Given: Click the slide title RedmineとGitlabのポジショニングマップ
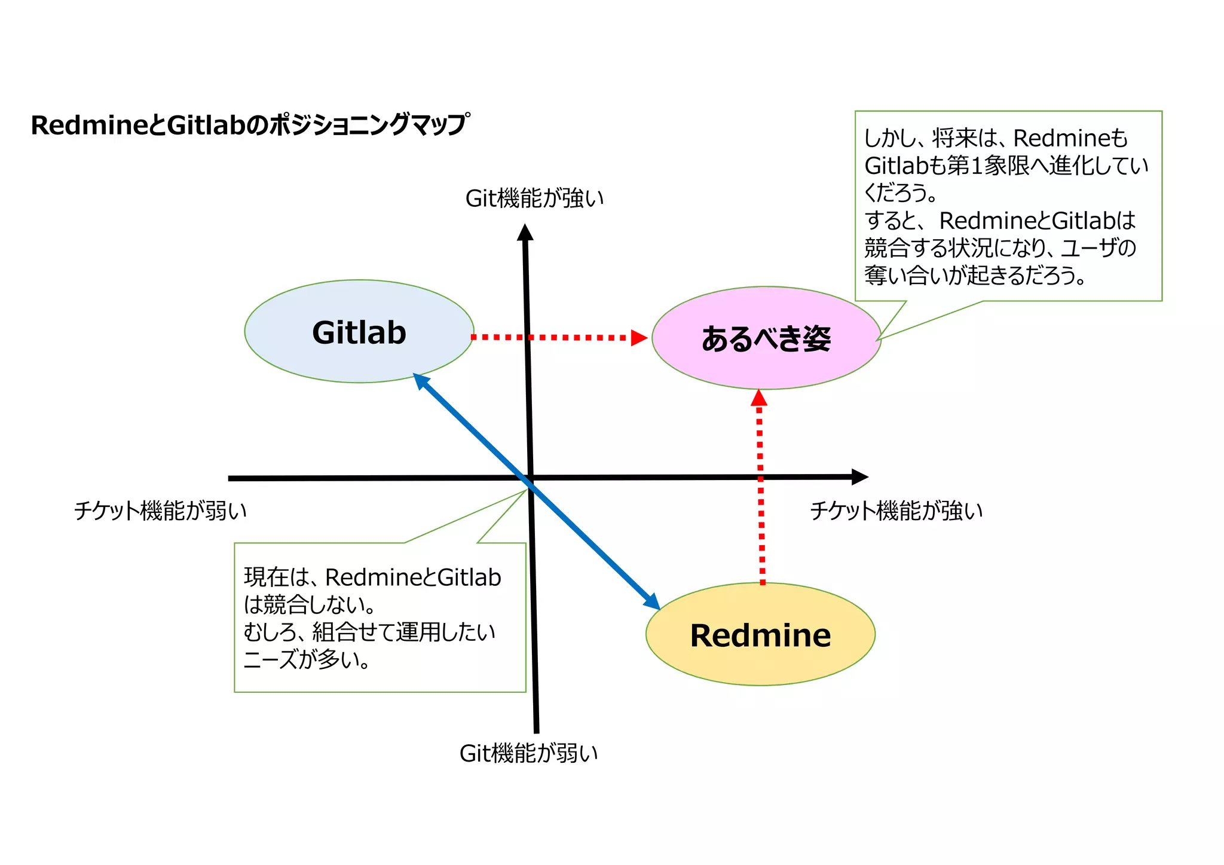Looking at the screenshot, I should point(250,126).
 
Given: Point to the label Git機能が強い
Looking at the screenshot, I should point(534,198).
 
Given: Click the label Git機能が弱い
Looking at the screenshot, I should point(528,753).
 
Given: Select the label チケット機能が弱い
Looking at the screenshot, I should point(160,511).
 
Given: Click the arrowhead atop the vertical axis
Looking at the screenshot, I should point(525,232).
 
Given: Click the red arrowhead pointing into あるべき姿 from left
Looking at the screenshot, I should point(639,338).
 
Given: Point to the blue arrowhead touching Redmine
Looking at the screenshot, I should point(653,602).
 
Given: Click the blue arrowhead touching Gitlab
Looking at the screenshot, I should point(421,381).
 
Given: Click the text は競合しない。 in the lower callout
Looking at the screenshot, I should point(310,605).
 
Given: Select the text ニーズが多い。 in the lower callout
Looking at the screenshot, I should point(307,659).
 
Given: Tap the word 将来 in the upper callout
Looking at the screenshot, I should point(954,138).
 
